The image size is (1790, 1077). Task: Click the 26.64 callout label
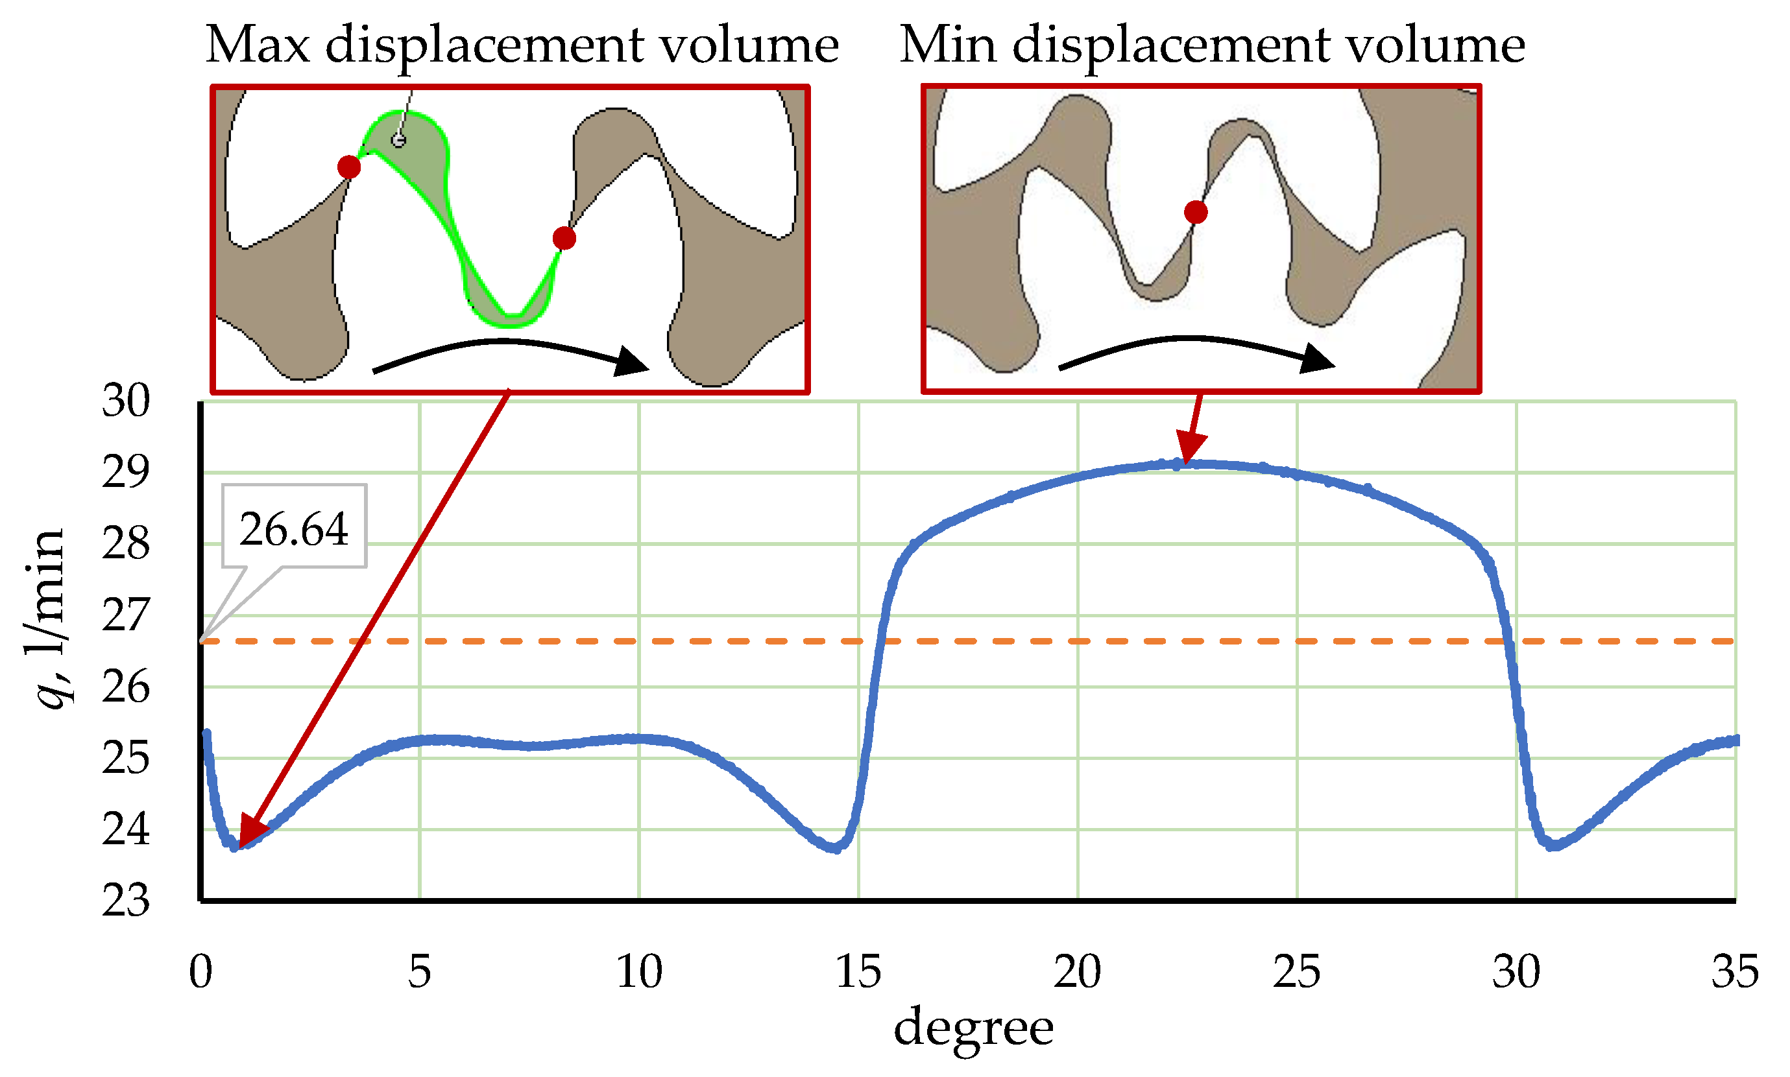(x=293, y=529)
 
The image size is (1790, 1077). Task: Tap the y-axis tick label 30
(x=126, y=401)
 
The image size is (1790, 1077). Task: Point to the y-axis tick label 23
(x=126, y=901)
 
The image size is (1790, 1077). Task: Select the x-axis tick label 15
(x=858, y=972)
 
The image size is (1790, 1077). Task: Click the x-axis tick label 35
(x=1734, y=972)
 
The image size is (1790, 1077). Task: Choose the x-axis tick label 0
(x=200, y=972)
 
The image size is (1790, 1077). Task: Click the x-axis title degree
(x=973, y=1028)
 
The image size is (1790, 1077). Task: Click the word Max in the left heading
(x=258, y=45)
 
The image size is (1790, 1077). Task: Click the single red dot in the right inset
(x=1195, y=213)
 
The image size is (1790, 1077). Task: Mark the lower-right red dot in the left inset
(x=564, y=238)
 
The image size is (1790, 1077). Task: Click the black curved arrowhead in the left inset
(x=631, y=361)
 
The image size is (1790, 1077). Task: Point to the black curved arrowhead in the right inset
(x=1316, y=359)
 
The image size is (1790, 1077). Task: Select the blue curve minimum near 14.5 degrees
(x=835, y=847)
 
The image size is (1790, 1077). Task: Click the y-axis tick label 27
(x=126, y=615)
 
